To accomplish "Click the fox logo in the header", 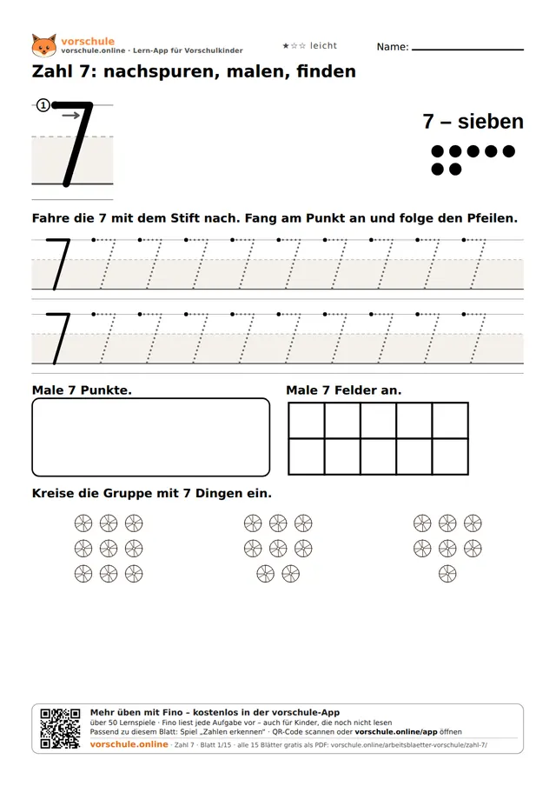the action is pyautogui.click(x=44, y=45).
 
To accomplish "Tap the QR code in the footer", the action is pyautogui.click(x=60, y=729).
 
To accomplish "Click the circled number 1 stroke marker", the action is pyautogui.click(x=43, y=105).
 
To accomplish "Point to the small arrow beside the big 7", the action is pyautogui.click(x=71, y=116).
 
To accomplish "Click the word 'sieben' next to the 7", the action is pyautogui.click(x=490, y=122).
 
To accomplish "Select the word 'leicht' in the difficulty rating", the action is pyautogui.click(x=323, y=45).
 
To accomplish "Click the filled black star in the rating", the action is pyautogui.click(x=286, y=45).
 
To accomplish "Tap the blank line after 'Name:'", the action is pyautogui.click(x=468, y=50).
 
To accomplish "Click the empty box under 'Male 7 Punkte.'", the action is pyautogui.click(x=151, y=437).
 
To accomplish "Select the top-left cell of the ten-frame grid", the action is pyautogui.click(x=307, y=421).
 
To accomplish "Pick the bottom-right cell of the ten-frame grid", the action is pyautogui.click(x=450, y=456).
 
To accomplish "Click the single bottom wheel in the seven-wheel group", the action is pyautogui.click(x=447, y=574).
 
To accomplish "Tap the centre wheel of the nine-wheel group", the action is pyautogui.click(x=109, y=549).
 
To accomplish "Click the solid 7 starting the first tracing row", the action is pyautogui.click(x=58, y=263).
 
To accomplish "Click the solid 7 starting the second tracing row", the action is pyautogui.click(x=58, y=338).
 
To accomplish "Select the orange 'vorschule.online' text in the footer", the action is pyautogui.click(x=129, y=744).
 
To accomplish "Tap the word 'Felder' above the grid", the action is pyautogui.click(x=356, y=390).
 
